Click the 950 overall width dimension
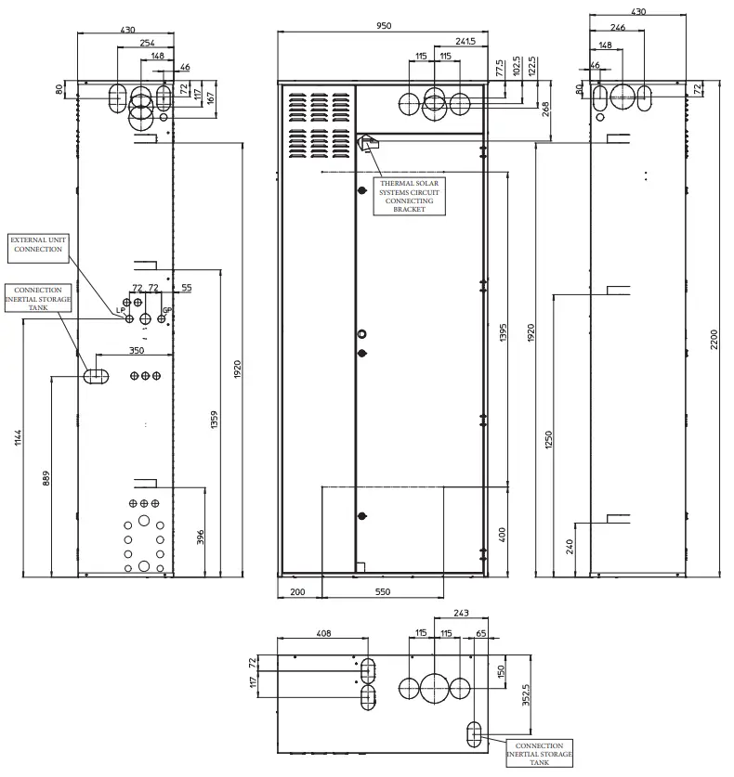click(x=383, y=26)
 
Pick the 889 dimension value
click(x=46, y=478)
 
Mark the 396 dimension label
click(x=200, y=537)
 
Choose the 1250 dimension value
click(x=548, y=438)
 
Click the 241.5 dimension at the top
click(x=466, y=42)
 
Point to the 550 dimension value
click(x=382, y=591)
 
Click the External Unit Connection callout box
click(x=38, y=244)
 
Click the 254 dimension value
click(x=148, y=43)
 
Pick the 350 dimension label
click(x=137, y=351)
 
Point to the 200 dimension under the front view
click(x=297, y=591)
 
